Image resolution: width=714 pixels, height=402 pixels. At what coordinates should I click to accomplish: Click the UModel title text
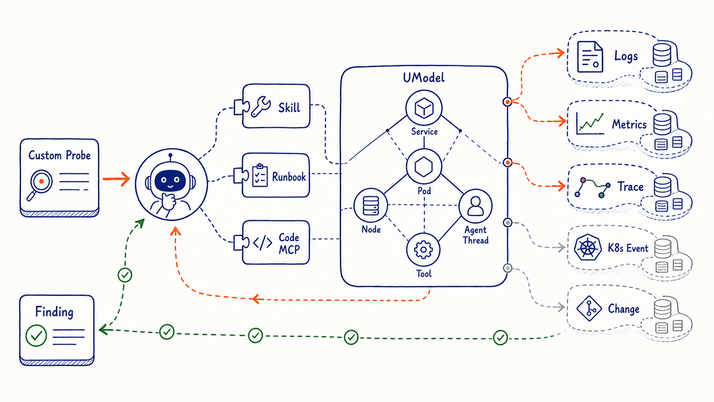click(424, 77)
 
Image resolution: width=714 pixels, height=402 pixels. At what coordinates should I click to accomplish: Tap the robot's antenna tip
click(170, 155)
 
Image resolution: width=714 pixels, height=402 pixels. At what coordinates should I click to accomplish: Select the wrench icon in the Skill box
click(261, 107)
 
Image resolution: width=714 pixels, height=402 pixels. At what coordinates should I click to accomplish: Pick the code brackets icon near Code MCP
click(262, 243)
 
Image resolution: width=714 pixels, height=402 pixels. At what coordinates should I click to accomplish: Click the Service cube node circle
click(424, 108)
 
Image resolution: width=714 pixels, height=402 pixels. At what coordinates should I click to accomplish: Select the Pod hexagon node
click(424, 167)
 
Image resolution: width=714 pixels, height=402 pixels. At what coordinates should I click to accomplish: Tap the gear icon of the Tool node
click(423, 250)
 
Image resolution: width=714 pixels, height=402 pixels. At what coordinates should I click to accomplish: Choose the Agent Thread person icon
click(475, 206)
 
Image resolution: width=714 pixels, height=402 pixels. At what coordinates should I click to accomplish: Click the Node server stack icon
click(371, 205)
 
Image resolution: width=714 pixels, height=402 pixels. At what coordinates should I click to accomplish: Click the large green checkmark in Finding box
click(36, 335)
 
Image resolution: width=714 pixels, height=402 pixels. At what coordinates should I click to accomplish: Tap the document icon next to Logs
click(590, 57)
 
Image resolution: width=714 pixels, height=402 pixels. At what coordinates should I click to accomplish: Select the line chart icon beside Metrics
click(590, 124)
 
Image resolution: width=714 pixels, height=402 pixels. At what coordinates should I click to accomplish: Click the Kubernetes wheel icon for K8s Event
click(588, 247)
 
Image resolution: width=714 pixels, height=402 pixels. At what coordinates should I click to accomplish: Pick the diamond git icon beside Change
click(589, 308)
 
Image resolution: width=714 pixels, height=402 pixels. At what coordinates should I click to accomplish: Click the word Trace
click(630, 187)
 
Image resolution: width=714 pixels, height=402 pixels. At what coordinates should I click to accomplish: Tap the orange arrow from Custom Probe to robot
click(116, 179)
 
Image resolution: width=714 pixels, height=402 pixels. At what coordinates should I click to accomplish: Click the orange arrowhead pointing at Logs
click(560, 53)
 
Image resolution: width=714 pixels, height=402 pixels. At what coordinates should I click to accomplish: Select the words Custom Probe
click(59, 155)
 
